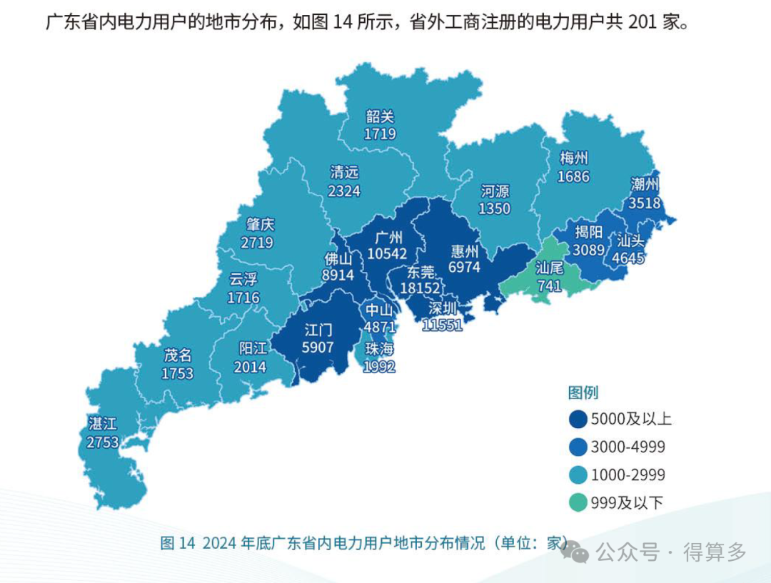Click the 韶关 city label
[380, 117]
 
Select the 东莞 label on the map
[420, 271]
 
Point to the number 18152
[420, 288]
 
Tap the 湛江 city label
[102, 423]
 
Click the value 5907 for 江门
[318, 348]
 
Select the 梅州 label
[574, 158]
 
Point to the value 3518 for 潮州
[644, 202]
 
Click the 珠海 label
[379, 350]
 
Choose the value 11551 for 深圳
[442, 325]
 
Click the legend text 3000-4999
[628, 447]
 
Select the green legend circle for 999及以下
[578, 502]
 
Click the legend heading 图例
[583, 392]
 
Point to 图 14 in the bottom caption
[178, 543]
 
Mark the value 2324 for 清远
[344, 191]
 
